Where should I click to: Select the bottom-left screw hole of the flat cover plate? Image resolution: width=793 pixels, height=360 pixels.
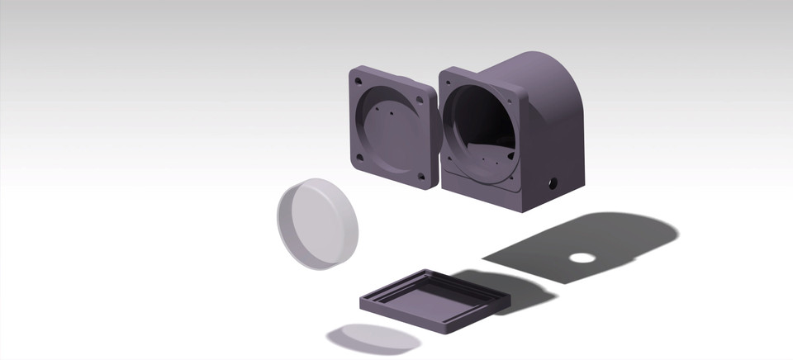359,154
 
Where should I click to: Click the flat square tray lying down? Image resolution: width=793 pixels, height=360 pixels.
434,297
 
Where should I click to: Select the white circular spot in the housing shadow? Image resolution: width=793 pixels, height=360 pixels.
582,257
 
